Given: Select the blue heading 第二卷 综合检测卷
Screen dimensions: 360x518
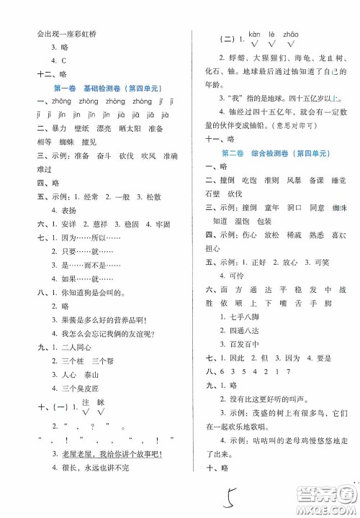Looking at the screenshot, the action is pyautogui.click(x=276, y=154).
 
